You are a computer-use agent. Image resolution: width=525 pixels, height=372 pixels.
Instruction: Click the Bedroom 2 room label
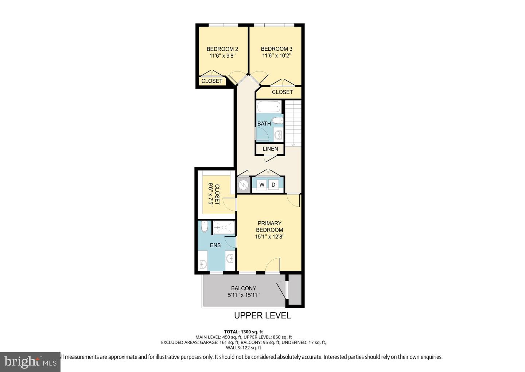click(x=222, y=49)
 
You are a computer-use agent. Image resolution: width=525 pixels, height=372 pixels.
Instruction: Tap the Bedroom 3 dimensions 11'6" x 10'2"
click(x=277, y=56)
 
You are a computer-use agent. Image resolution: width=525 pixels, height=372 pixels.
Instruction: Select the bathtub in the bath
click(x=269, y=107)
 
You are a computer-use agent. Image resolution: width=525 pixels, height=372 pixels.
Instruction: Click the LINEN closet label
click(x=270, y=149)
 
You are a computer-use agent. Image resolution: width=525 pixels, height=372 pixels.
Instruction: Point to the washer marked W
click(x=262, y=185)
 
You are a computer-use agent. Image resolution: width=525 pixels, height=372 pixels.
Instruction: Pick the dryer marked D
click(x=273, y=185)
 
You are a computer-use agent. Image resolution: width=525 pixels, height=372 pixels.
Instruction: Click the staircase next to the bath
click(x=293, y=123)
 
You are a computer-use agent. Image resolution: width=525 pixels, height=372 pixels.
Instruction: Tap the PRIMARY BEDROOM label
click(x=269, y=226)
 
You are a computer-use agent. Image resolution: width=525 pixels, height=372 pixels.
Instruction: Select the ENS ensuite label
click(x=215, y=245)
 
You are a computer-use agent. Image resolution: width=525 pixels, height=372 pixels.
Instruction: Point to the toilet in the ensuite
click(x=205, y=226)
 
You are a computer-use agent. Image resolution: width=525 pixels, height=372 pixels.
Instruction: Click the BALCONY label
click(x=244, y=288)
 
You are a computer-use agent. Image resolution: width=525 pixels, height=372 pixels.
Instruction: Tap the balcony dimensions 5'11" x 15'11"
click(x=244, y=295)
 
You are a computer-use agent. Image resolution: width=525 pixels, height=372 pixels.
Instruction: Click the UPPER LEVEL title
click(x=262, y=315)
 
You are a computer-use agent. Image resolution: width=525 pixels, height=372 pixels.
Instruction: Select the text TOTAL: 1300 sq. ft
click(x=243, y=332)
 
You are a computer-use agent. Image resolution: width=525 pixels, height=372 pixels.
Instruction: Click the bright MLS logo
click(x=30, y=362)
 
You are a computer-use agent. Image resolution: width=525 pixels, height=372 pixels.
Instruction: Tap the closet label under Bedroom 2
click(x=212, y=81)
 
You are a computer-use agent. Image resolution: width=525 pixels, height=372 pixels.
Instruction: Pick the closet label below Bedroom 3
click(x=282, y=92)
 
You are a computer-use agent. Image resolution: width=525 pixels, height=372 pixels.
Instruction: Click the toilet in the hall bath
click(x=278, y=120)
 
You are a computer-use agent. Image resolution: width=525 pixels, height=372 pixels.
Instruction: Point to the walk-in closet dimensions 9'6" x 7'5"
click(x=210, y=195)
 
